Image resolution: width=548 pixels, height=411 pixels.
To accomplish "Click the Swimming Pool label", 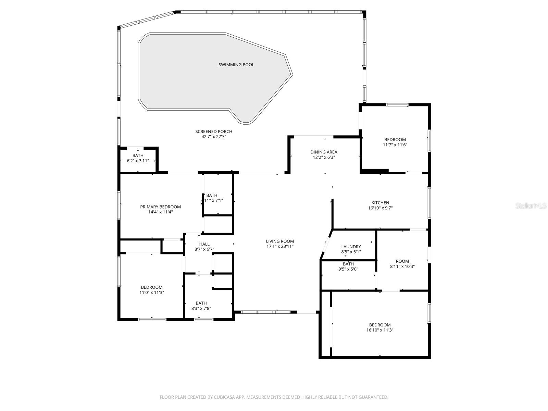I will click(236, 65).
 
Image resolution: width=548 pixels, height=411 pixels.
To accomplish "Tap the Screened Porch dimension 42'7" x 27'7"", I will click(214, 137).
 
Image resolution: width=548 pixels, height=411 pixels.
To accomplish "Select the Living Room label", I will click(280, 241).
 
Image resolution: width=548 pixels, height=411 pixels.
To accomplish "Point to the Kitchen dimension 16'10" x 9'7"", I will click(380, 208).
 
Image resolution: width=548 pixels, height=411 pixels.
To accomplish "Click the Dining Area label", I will click(324, 152).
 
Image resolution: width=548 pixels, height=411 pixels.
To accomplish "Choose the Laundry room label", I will click(351, 247).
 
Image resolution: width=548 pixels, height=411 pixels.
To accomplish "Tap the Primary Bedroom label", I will click(160, 207).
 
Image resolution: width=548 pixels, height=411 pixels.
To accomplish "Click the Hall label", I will click(204, 244).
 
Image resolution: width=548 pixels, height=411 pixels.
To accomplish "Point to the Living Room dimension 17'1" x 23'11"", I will click(280, 246).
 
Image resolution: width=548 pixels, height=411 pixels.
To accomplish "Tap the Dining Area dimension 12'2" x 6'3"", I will click(324, 157).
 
